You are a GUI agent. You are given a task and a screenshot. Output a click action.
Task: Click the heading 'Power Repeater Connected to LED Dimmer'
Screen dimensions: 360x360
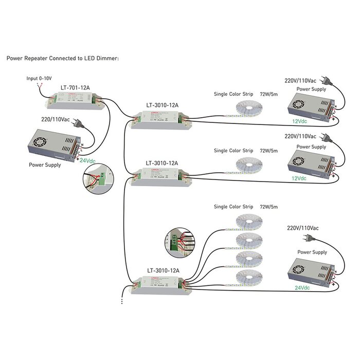63,59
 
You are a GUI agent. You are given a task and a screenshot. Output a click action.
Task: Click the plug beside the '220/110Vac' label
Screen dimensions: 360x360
77,123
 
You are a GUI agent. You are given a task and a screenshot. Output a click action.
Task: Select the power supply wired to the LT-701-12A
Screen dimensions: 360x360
53,144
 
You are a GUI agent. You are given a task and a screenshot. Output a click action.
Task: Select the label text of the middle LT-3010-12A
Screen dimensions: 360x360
161,163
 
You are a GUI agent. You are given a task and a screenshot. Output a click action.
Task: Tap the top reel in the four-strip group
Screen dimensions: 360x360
249,222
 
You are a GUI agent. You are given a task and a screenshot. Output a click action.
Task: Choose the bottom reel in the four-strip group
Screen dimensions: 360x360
249,278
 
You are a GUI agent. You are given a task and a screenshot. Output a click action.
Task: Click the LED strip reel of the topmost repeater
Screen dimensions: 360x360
249,109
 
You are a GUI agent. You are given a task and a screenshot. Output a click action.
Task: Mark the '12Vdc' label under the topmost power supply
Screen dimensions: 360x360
299,121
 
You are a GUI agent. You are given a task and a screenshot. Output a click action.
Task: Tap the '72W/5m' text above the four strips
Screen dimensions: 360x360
268,207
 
